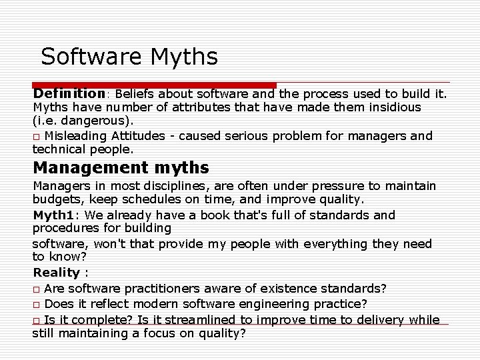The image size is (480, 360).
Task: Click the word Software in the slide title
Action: point(93,57)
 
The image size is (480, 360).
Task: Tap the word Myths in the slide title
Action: point(184,57)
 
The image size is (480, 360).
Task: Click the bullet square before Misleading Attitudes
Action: point(37,137)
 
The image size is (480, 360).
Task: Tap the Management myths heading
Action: point(121,167)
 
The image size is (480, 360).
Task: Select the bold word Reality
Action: point(57,272)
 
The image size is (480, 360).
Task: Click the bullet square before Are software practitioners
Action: point(37,289)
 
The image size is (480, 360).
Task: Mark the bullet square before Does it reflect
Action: point(37,305)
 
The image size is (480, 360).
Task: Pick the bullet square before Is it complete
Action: point(37,321)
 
